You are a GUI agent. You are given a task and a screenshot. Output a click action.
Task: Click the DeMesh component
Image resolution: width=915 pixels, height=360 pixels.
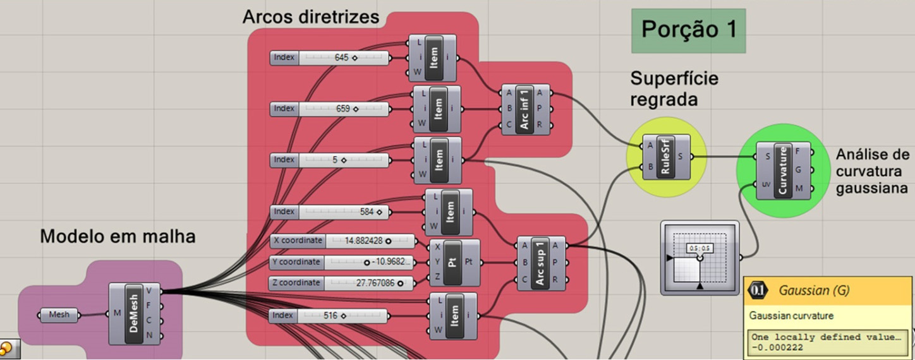(135, 314)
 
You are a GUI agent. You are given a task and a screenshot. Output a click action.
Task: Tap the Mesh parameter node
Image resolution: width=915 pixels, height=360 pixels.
(59, 315)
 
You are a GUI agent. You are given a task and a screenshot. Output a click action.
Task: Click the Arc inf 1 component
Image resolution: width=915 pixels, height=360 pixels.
(525, 108)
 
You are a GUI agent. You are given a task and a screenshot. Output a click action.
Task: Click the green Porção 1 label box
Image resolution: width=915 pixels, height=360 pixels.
(688, 30)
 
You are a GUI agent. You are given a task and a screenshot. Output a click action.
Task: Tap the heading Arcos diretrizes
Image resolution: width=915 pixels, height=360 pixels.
(311, 16)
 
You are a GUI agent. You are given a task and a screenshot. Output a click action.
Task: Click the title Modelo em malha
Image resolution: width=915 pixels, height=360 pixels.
(118, 237)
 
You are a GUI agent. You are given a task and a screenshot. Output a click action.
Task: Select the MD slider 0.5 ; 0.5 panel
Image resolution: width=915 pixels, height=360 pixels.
(700, 258)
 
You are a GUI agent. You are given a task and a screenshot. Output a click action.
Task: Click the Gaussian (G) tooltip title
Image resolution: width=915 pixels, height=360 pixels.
(814, 291)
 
